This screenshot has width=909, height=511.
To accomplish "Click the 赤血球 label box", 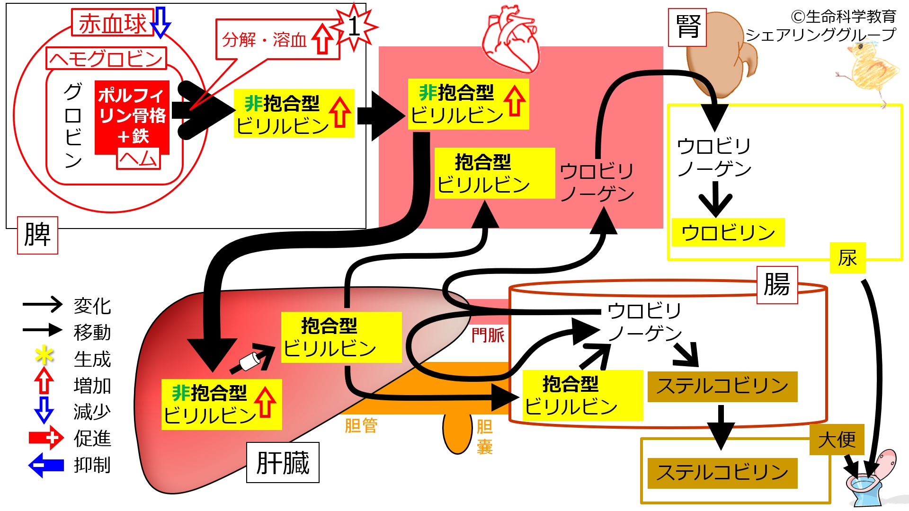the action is pyautogui.click(x=113, y=22).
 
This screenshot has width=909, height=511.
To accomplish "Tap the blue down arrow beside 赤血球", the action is pyautogui.click(x=161, y=22).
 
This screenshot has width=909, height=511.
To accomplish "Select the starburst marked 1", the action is pyautogui.click(x=354, y=26).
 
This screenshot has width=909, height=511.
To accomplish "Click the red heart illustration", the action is pyautogui.click(x=511, y=40).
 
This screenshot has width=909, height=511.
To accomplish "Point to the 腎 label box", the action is pyautogui.click(x=687, y=27).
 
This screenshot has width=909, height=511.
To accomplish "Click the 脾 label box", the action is pyautogui.click(x=37, y=235).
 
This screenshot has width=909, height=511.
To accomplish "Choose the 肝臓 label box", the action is pyautogui.click(x=283, y=462).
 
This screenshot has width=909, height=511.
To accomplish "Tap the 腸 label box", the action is pyautogui.click(x=777, y=284).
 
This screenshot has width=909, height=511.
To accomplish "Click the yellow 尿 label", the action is pyautogui.click(x=847, y=258).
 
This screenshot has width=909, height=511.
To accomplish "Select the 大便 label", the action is pyautogui.click(x=837, y=440).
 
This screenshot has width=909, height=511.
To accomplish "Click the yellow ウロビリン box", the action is pyautogui.click(x=728, y=232).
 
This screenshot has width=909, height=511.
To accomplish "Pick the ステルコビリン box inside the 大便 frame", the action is pyautogui.click(x=722, y=473).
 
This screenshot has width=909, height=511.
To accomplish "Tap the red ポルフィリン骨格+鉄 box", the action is pyautogui.click(x=132, y=117).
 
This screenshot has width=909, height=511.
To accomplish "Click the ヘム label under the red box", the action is pyautogui.click(x=139, y=159).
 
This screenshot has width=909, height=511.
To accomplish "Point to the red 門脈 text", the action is pyautogui.click(x=488, y=335).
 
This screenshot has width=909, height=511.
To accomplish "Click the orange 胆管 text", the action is pyautogui.click(x=361, y=425).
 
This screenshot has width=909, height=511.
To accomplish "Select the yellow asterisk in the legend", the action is pyautogui.click(x=44, y=356).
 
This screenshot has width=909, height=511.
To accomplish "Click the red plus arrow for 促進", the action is pyautogui.click(x=46, y=438).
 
